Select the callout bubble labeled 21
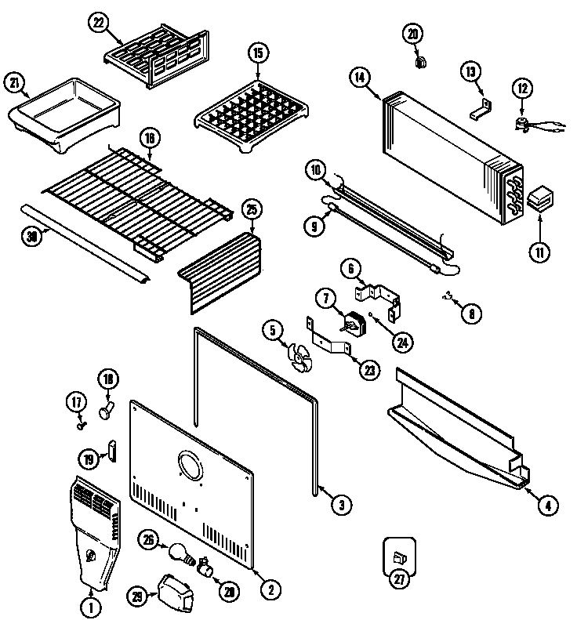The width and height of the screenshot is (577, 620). [x=14, y=82]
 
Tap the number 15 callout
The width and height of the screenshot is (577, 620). [x=257, y=54]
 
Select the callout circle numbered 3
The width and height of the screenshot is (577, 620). [x=339, y=505]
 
